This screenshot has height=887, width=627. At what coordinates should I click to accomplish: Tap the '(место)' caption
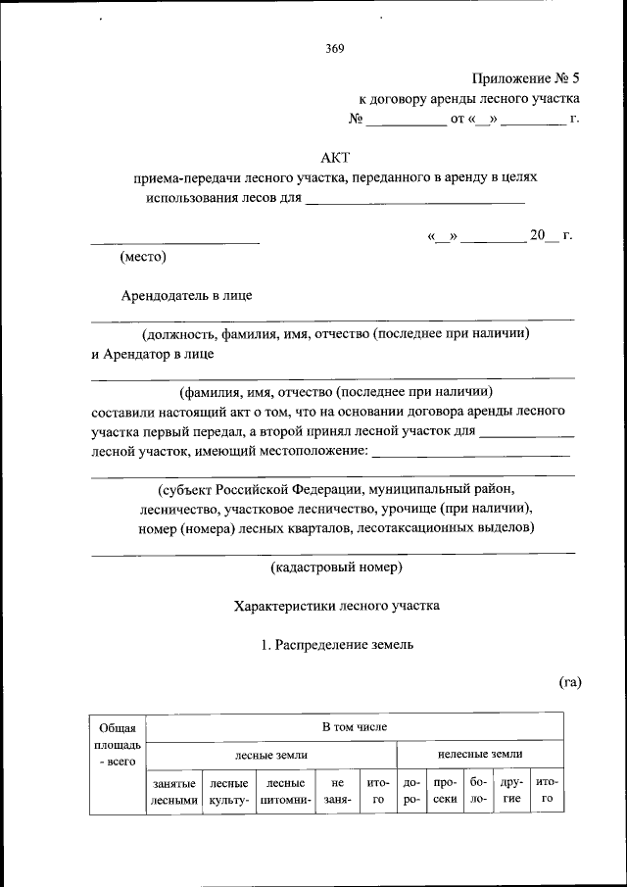143,258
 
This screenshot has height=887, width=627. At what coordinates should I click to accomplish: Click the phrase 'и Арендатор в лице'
152,354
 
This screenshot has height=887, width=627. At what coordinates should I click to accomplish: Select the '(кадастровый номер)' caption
335,567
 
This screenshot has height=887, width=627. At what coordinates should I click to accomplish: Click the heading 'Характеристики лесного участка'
336,606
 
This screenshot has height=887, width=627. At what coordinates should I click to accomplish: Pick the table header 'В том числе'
355,727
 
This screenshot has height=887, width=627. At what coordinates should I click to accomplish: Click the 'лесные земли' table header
271,755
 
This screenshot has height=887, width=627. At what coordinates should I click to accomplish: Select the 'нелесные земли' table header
479,755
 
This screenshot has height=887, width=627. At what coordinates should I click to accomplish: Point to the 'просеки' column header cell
445,791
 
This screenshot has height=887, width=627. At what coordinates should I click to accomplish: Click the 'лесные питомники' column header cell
286,791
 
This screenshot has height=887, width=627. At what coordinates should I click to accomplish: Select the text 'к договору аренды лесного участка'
469,99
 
